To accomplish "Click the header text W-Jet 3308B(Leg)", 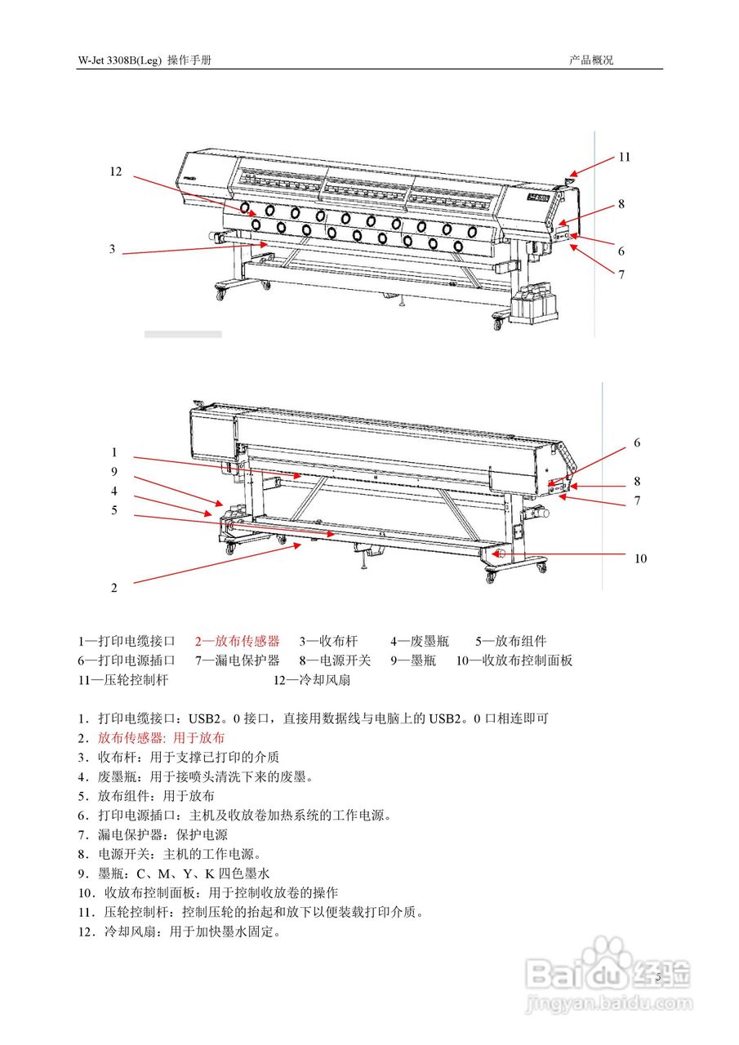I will point(119,61).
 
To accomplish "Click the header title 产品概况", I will point(591,61).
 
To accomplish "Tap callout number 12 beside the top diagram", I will point(115,171).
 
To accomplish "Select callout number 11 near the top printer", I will point(624,157).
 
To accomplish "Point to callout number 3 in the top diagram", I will point(113,249).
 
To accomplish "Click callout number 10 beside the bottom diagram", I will point(640,558).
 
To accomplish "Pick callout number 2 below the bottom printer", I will point(114,587).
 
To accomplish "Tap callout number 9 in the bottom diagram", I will point(114,471).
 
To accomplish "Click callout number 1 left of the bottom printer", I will point(114,451).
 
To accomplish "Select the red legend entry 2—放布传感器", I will point(237,641).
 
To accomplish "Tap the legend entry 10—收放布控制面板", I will point(514,660).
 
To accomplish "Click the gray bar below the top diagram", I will point(183,334).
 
